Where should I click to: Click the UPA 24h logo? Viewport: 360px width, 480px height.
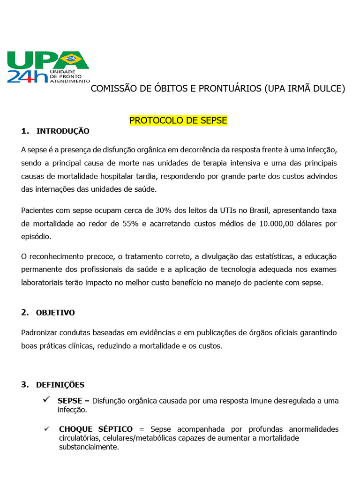pos(47,67)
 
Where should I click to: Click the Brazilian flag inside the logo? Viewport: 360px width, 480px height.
pos(72,59)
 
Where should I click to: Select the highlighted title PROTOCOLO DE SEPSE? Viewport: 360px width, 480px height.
pos(178,120)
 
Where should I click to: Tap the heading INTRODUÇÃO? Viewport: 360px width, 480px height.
pos(63,131)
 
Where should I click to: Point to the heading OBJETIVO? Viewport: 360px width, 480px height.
pos(55,313)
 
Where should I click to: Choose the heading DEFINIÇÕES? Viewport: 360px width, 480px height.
pos(60,385)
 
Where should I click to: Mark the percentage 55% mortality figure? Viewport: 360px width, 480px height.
pos(130,224)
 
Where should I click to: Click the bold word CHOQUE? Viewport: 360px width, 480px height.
pos(76,429)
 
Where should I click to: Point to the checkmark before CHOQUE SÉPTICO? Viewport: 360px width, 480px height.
pos(46,429)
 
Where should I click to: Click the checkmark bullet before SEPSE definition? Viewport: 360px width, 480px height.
pos(46,399)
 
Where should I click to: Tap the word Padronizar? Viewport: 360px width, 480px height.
pos(41,333)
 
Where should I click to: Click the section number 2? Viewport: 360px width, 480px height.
pos(25,312)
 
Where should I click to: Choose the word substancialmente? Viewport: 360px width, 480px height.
pos(89,447)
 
